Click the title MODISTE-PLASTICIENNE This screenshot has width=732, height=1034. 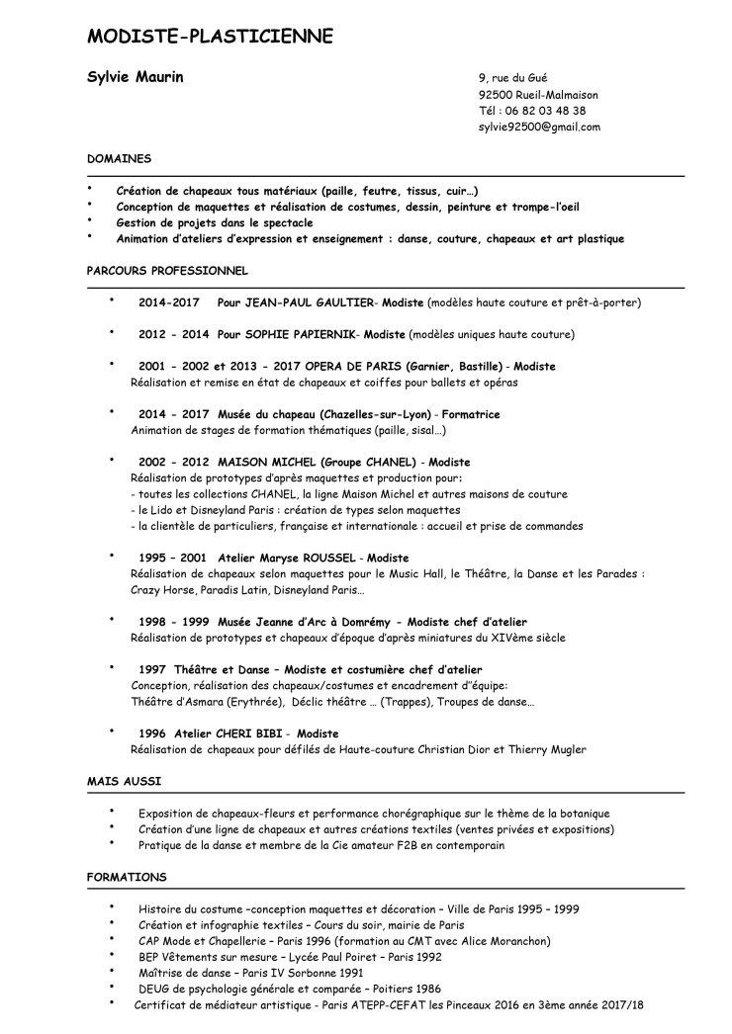pos(210,37)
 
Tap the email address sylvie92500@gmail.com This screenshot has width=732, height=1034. pos(539,127)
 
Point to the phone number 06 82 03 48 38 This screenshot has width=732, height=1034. pos(545,111)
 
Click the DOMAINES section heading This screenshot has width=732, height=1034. pos(119,157)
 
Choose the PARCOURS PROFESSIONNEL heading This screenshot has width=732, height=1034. pos(167,269)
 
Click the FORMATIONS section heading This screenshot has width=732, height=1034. pos(127,877)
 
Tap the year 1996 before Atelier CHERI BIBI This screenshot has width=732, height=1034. pos(152,733)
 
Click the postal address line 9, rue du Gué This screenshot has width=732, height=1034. pos(512,78)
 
